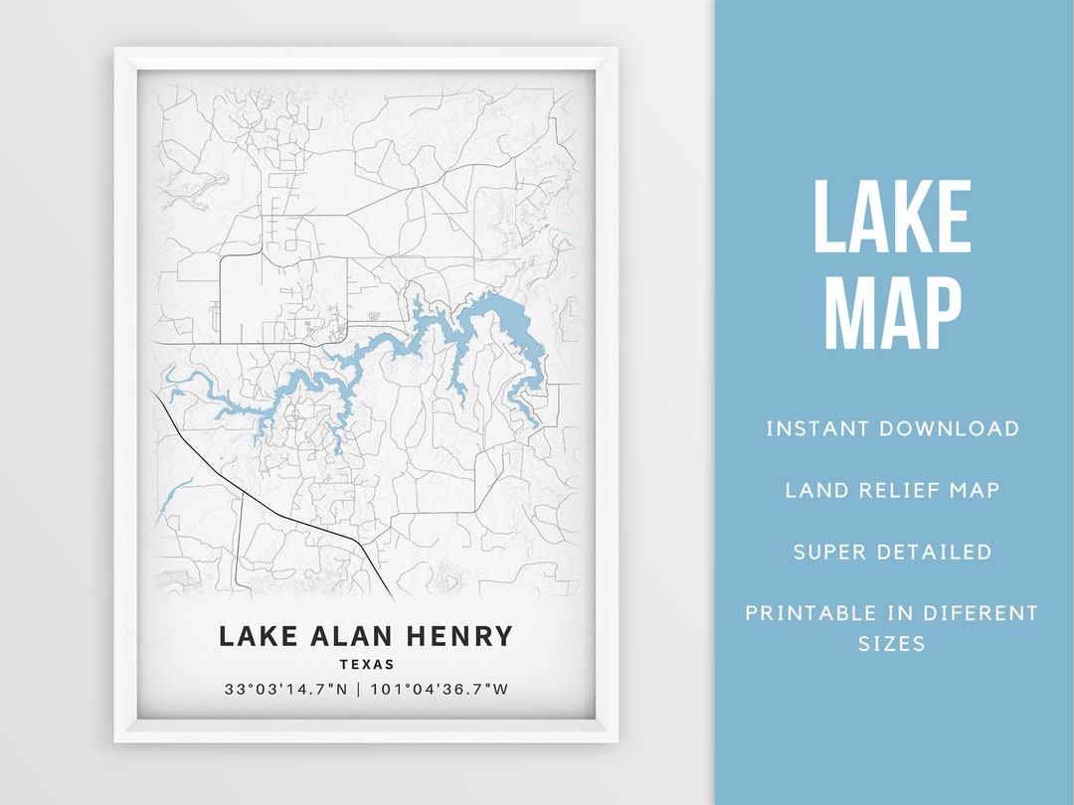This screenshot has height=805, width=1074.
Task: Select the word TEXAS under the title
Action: (366, 665)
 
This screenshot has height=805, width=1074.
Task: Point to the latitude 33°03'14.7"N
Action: (285, 689)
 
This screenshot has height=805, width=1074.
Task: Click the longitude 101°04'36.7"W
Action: (440, 689)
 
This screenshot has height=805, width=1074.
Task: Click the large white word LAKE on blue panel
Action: (892, 219)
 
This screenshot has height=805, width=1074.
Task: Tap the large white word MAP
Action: (892, 313)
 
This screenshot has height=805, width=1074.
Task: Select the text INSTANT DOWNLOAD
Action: (892, 428)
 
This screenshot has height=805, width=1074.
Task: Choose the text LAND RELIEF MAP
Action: (892, 490)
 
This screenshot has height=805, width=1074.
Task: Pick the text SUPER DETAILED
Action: (892, 552)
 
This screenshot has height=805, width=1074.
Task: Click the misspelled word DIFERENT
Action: (981, 613)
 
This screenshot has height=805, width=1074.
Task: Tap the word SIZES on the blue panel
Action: (892, 644)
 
